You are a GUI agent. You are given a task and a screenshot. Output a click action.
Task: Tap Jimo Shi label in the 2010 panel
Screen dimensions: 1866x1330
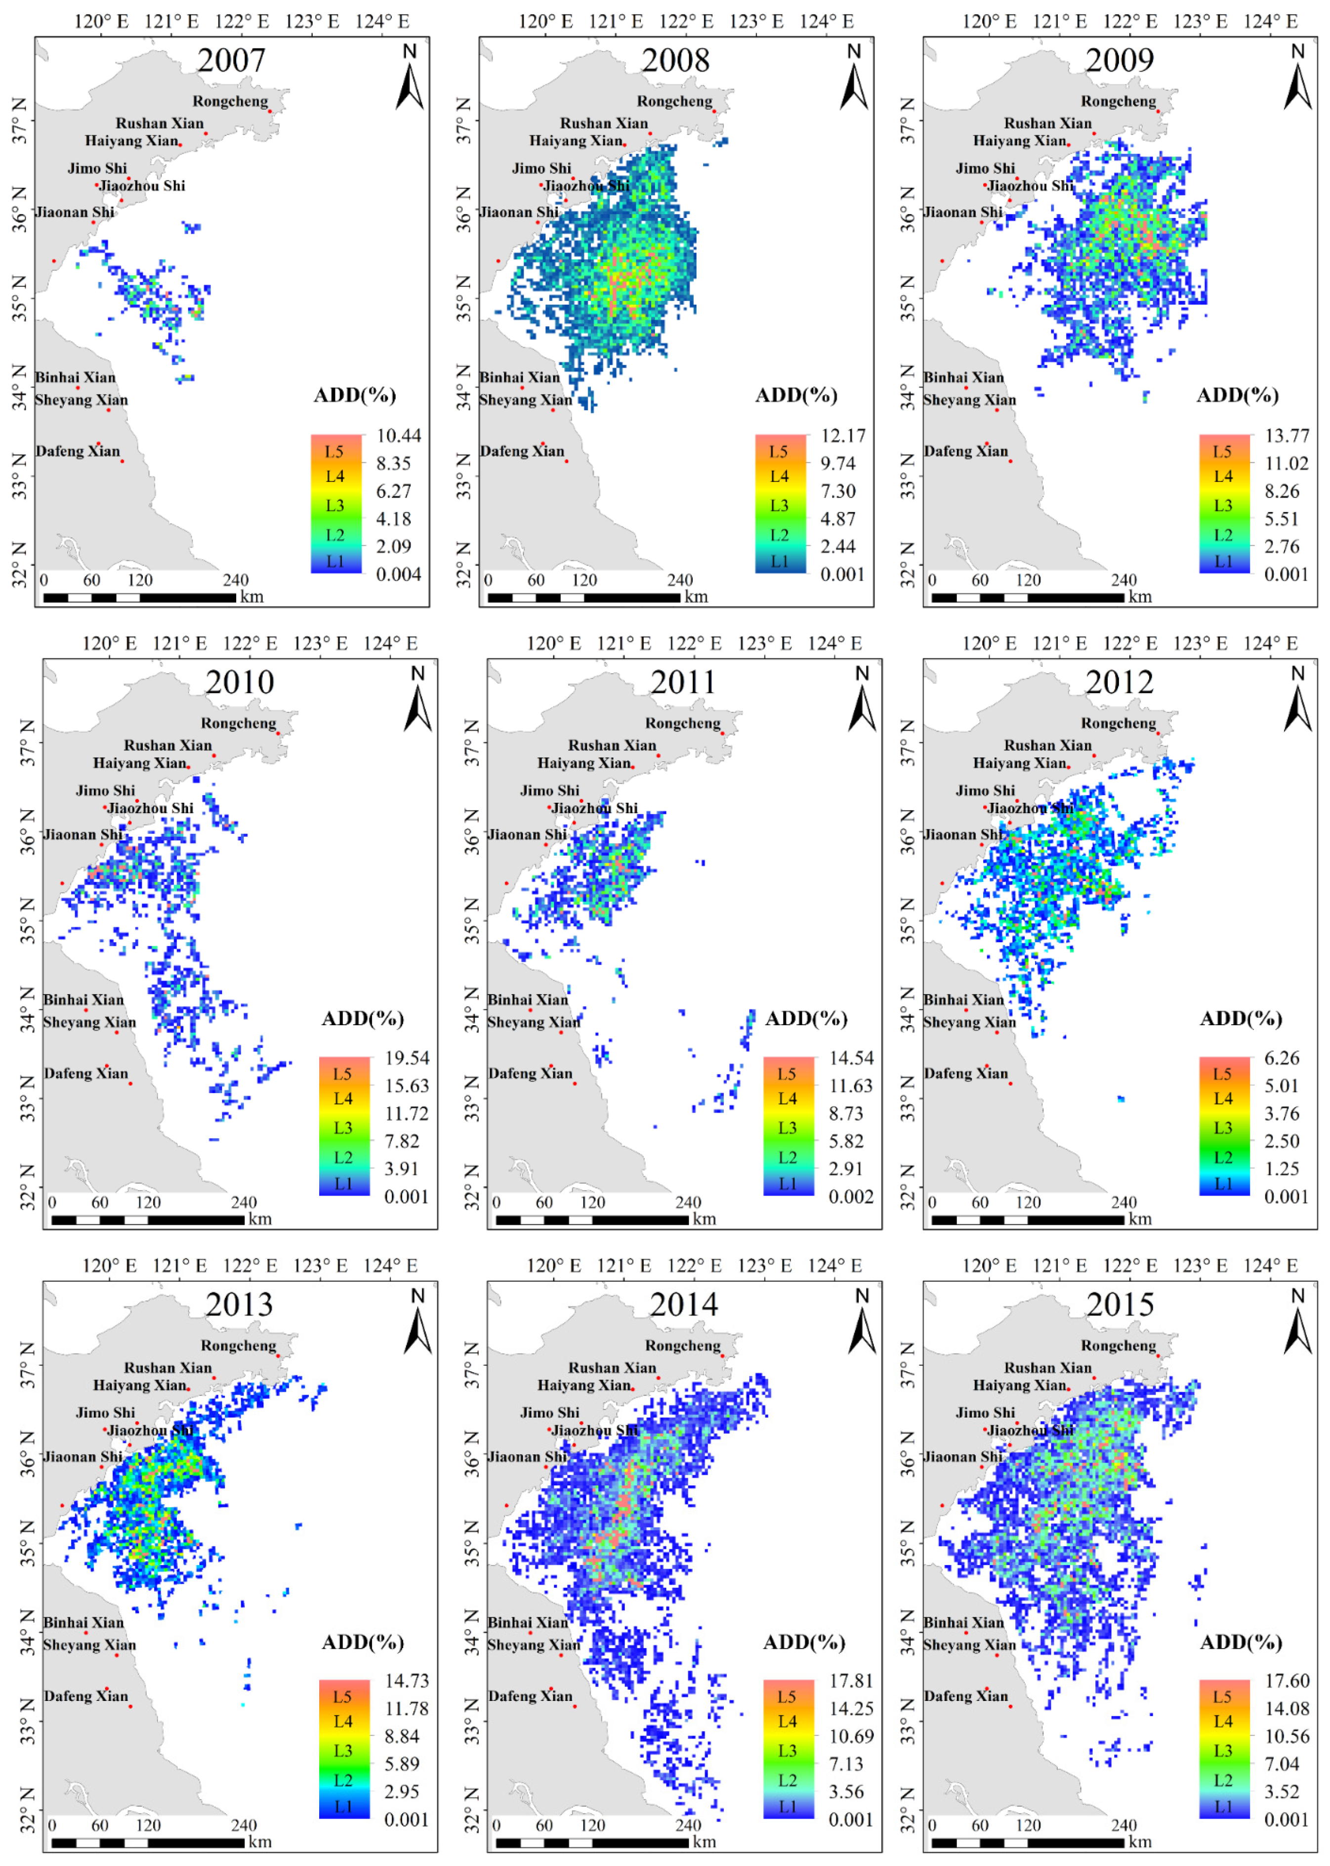[106, 790]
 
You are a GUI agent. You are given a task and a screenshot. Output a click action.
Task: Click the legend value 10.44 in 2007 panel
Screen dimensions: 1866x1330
[398, 436]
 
